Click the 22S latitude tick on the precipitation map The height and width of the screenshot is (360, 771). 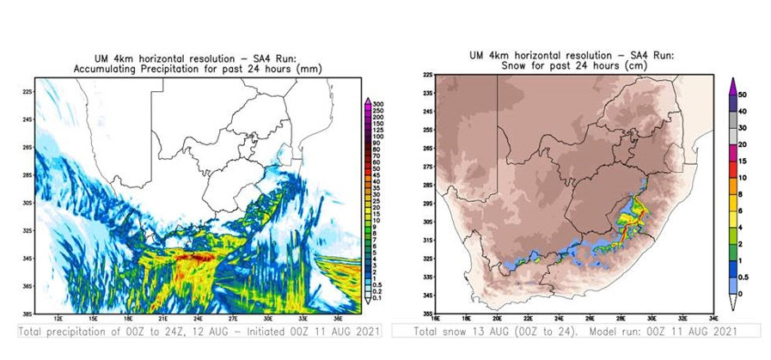click(28, 91)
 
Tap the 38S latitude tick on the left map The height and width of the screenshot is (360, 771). click(28, 313)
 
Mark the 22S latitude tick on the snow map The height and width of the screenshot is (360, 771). click(428, 76)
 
